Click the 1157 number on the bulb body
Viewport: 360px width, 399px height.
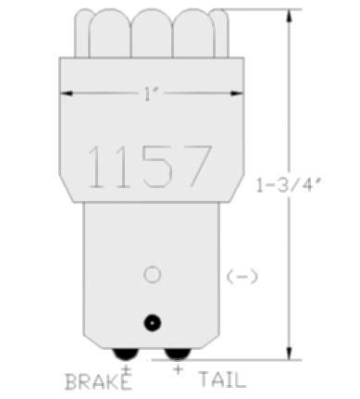(150, 167)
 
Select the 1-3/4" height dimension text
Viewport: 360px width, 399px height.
(289, 185)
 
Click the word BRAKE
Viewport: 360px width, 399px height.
(98, 382)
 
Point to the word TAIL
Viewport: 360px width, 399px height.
(222, 380)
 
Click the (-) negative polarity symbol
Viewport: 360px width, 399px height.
(242, 277)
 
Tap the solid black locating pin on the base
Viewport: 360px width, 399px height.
(153, 323)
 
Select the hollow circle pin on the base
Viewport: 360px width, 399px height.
(153, 274)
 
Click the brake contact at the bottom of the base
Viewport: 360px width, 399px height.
(126, 354)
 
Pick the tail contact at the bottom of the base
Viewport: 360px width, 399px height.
(178, 354)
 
